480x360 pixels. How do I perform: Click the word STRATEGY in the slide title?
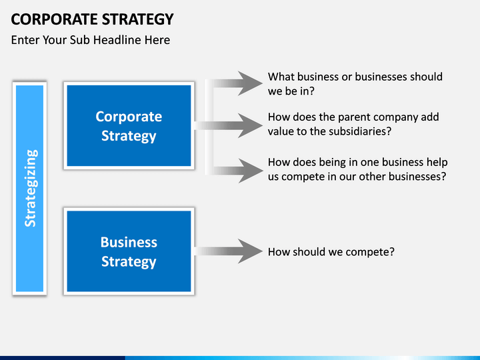click(x=137, y=18)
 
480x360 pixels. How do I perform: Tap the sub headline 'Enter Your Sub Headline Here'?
click(x=91, y=40)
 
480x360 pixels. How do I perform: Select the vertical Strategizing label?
click(x=30, y=188)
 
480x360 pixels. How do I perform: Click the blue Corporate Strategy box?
click(x=129, y=125)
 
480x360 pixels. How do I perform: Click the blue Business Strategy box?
click(x=129, y=251)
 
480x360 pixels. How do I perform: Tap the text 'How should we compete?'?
click(x=331, y=252)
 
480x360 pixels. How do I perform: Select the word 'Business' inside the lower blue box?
click(x=129, y=242)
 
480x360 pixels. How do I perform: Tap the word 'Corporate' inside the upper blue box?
click(x=129, y=117)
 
